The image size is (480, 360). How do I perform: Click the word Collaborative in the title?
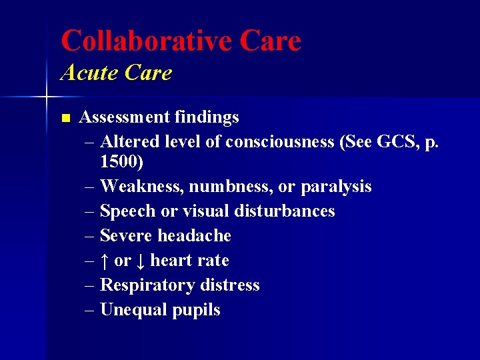145,41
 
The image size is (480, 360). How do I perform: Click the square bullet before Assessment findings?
65,118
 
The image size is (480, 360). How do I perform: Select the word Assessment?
124,117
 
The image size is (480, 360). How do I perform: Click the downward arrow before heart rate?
141,260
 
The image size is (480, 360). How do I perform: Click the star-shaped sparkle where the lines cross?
47,98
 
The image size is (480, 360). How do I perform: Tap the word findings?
207,117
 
